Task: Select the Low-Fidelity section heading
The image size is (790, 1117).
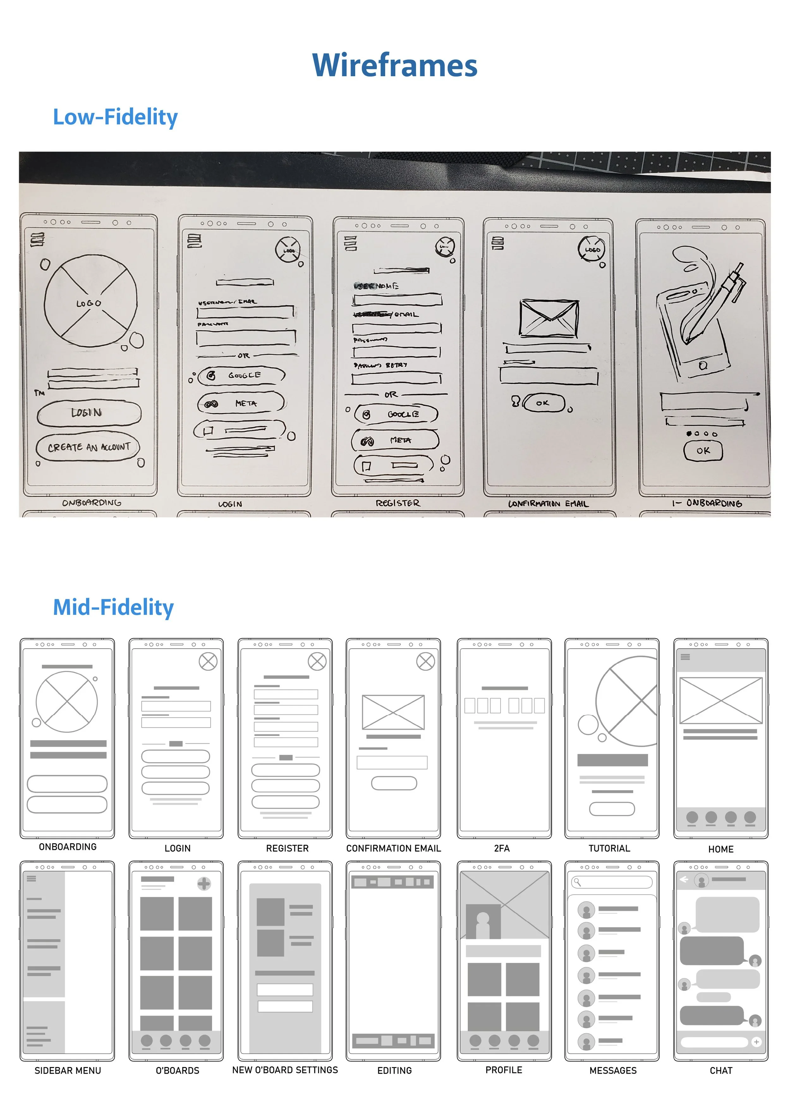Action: [x=115, y=117]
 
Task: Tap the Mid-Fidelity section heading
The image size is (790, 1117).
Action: [x=113, y=607]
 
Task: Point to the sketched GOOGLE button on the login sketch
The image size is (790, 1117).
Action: [x=241, y=375]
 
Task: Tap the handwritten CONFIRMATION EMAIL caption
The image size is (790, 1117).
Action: [x=548, y=504]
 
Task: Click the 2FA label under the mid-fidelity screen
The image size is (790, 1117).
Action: [x=502, y=848]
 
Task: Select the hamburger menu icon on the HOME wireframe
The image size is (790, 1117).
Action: [x=685, y=657]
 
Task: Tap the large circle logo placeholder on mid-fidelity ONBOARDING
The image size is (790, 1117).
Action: [x=67, y=702]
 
